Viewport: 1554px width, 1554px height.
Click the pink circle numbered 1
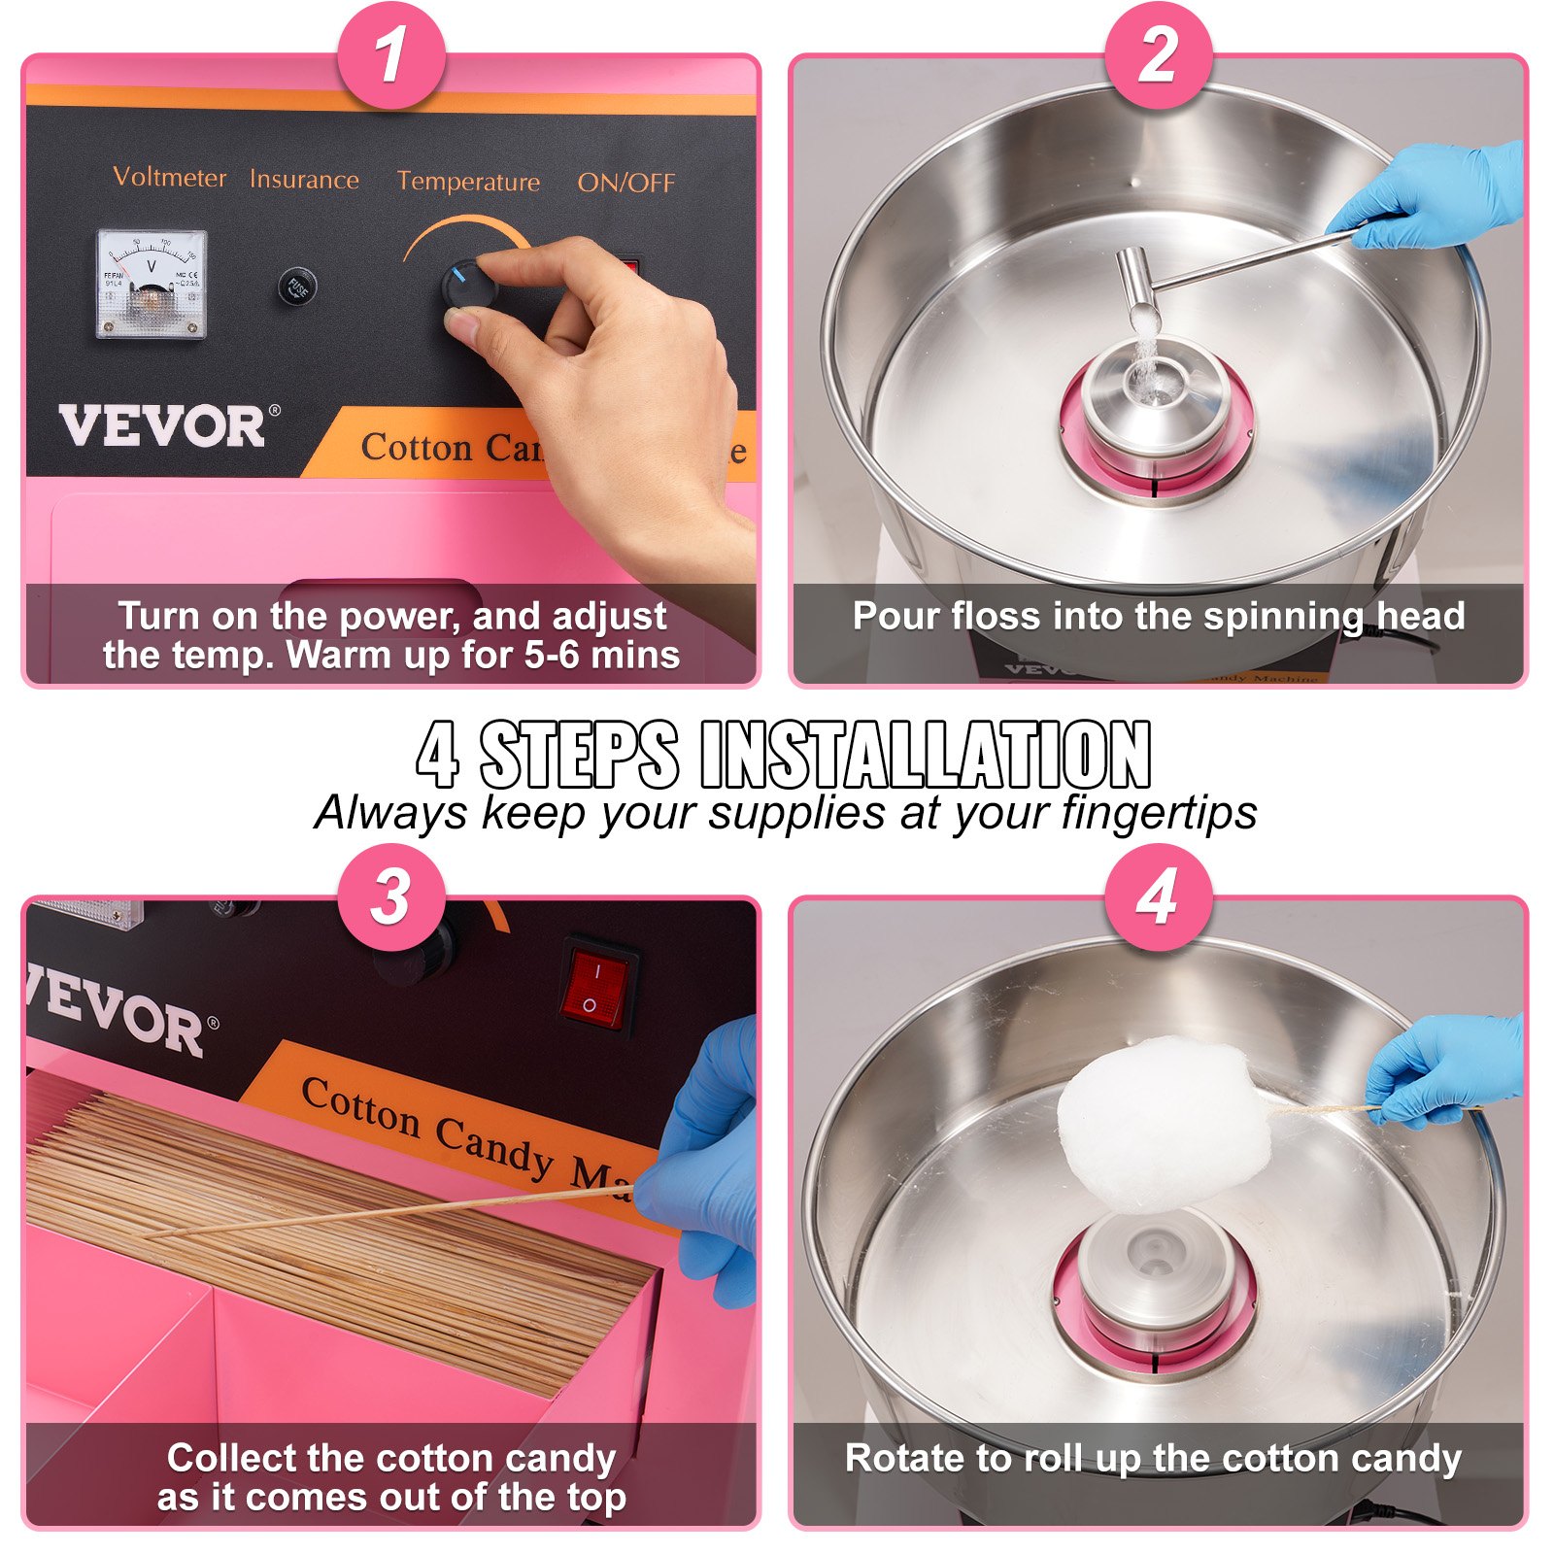tap(391, 54)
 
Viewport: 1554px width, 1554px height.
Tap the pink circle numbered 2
tap(1158, 54)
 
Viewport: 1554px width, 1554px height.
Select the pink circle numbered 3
tap(391, 895)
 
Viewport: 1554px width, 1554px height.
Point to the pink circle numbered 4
tap(1158, 895)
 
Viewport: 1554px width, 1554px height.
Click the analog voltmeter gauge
tap(152, 284)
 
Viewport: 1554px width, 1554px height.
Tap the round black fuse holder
tap(297, 287)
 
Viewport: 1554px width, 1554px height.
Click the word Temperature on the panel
tap(468, 182)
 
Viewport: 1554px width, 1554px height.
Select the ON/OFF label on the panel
tap(625, 183)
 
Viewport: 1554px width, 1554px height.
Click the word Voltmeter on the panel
tap(170, 177)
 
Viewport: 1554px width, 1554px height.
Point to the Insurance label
tap(304, 180)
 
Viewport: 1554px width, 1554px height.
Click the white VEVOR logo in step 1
tap(163, 427)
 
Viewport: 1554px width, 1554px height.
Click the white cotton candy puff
tap(1162, 1122)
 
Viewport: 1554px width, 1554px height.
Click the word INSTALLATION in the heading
tap(925, 755)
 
